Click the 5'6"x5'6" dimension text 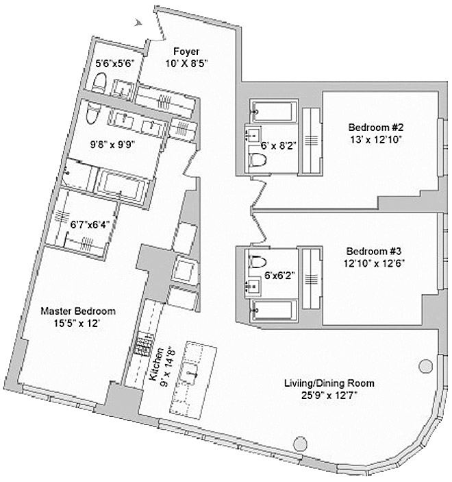click(117, 62)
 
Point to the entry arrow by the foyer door click(140, 23)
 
